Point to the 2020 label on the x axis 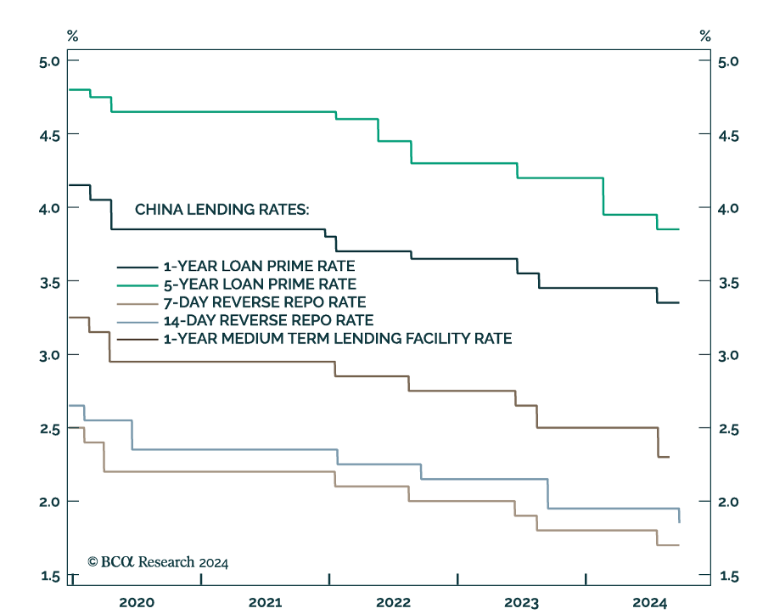point(137,602)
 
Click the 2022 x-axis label point(393,602)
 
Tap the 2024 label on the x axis point(650,602)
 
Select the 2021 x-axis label point(265,602)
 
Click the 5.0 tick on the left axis point(48,61)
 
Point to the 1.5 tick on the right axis point(728,577)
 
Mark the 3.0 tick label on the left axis point(48,355)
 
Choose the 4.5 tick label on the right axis point(728,135)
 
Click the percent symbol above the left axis point(72,36)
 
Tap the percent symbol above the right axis point(704,36)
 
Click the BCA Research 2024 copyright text point(158,562)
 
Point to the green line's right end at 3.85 point(679,229)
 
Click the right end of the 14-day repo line point(679,521)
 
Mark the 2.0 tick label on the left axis point(48,502)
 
